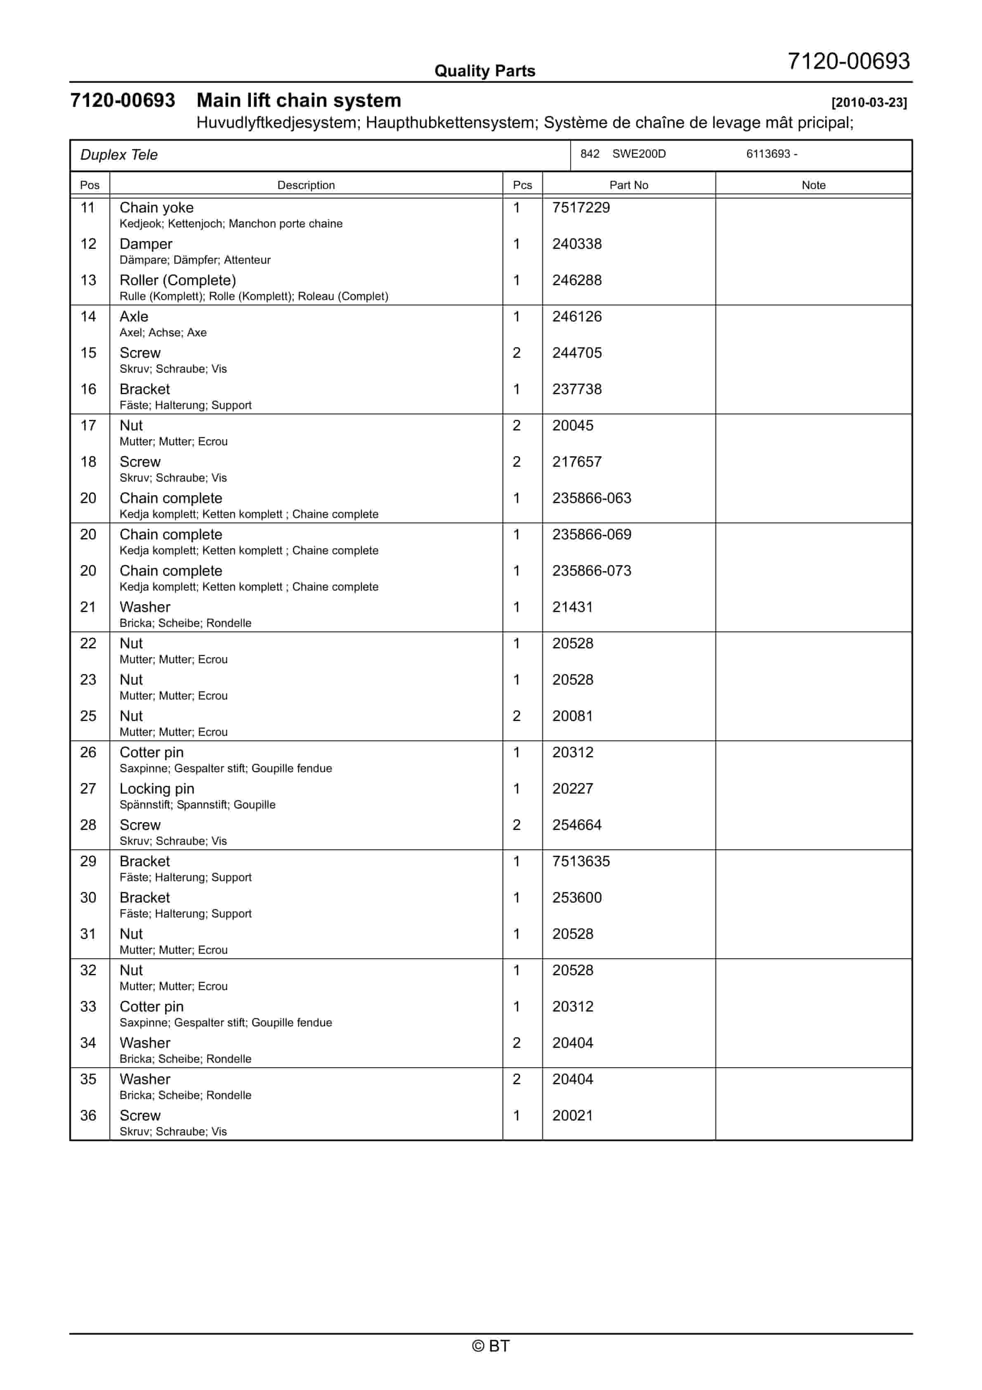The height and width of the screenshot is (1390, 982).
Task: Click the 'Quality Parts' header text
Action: point(484,71)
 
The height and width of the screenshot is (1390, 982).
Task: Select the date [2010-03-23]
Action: point(869,102)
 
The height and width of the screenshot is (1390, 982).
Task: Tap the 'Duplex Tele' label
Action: point(119,155)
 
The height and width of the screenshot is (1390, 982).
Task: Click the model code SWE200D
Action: point(639,154)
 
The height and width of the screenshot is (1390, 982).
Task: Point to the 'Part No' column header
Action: point(628,185)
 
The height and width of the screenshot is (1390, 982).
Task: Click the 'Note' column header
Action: point(813,185)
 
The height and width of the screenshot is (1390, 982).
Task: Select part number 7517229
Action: point(581,208)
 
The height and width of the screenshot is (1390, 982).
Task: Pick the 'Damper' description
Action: point(146,244)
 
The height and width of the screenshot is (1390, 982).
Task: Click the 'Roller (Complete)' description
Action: point(177,280)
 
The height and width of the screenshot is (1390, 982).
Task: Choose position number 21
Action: point(88,607)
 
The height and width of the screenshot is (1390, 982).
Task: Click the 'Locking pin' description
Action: point(157,789)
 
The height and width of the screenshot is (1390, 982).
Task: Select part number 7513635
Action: point(581,861)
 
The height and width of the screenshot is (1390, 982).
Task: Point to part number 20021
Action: point(572,1116)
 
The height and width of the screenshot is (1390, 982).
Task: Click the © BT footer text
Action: point(491,1346)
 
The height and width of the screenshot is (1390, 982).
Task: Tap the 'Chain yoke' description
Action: point(156,208)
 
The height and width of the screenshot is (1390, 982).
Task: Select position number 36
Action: point(88,1116)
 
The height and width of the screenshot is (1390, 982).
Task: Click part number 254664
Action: point(576,825)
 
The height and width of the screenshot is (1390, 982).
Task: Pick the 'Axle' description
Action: point(134,317)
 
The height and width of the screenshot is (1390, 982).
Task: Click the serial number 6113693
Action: point(768,154)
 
